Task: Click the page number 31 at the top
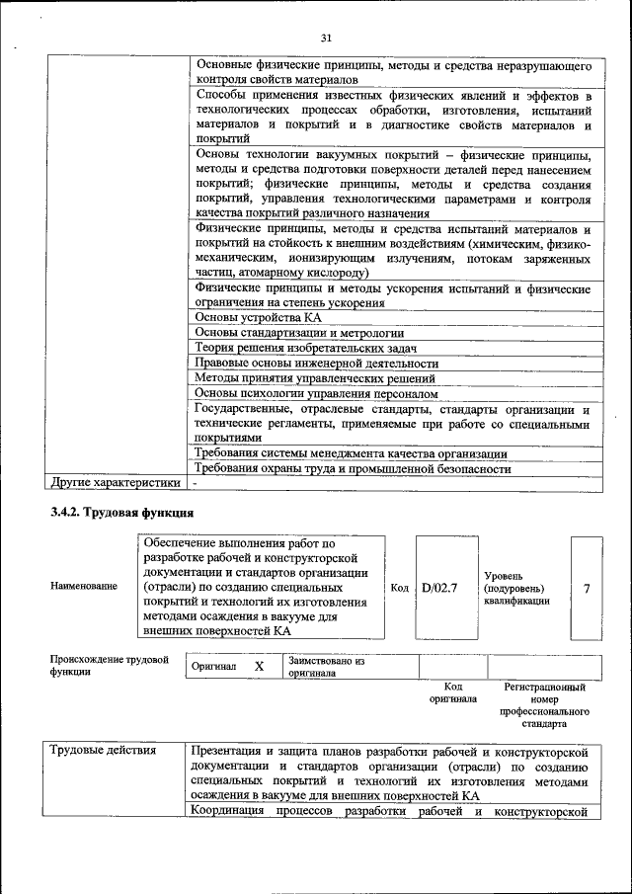[326, 38]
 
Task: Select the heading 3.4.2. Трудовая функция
[122, 513]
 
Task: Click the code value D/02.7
[439, 588]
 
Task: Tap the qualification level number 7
[587, 588]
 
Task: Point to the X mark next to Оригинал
[259, 667]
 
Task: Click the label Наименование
[83, 587]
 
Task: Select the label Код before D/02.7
[399, 588]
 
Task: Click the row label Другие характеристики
[115, 483]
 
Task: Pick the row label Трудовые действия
[103, 751]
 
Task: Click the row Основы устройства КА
[258, 318]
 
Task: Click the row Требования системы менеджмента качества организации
[351, 453]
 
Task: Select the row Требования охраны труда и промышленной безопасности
[353, 468]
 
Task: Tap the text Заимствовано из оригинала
[327, 667]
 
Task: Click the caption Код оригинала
[453, 691]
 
